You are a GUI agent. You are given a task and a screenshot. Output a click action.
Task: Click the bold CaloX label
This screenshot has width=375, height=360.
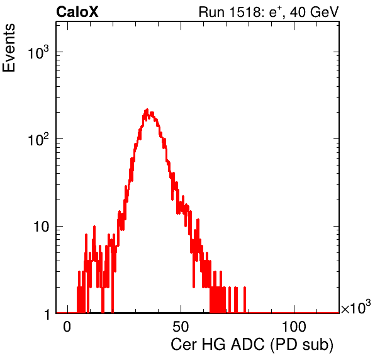[x=77, y=12]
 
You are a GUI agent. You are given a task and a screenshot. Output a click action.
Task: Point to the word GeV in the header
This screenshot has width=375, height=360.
[x=324, y=12]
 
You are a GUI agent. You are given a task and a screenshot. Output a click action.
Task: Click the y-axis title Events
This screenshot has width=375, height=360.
[x=9, y=48]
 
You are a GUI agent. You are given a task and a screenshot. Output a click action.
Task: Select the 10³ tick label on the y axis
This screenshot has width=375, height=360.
[x=38, y=52]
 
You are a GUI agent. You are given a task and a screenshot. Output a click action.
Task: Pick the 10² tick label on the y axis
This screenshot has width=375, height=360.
[x=38, y=139]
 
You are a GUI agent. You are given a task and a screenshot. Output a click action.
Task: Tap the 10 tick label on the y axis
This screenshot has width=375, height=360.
[x=41, y=227]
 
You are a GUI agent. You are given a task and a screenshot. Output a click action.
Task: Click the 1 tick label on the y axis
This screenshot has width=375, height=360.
[x=47, y=314]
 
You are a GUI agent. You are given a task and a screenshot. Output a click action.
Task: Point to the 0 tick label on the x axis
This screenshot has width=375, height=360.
[x=67, y=327]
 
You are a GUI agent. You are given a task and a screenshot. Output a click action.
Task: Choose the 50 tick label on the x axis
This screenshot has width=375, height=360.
[x=181, y=327]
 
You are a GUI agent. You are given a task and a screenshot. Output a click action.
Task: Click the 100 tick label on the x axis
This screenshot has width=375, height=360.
[x=294, y=327]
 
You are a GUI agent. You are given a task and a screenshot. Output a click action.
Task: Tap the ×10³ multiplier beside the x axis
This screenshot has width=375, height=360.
[x=356, y=307]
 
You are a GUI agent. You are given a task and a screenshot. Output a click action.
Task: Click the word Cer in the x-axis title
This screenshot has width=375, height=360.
[x=184, y=344]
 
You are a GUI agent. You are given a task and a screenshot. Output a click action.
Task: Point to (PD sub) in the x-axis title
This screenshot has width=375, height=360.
[x=301, y=345]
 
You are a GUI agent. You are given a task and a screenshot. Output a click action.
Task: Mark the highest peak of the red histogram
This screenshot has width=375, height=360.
[x=147, y=110]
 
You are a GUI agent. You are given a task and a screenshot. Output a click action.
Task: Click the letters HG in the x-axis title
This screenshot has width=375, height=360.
[x=213, y=344]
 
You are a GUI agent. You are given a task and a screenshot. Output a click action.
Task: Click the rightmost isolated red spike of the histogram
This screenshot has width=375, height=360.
[x=245, y=300]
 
